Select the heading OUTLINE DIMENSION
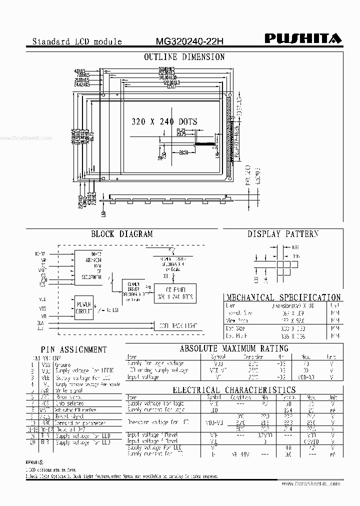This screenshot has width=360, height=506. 184,57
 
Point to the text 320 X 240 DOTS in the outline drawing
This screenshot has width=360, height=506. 164,121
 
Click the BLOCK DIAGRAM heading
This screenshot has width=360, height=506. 121,233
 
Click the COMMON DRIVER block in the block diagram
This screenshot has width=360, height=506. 133,291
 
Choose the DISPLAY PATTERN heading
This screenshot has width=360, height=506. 283,233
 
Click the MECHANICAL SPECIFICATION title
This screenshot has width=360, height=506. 283,297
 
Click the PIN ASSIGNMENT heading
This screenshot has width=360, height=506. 73,349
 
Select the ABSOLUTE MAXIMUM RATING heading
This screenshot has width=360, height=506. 234,348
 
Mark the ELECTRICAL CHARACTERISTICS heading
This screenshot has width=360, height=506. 234,390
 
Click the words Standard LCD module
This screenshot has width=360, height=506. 77,41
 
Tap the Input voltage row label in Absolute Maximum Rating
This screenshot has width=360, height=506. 143,377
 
